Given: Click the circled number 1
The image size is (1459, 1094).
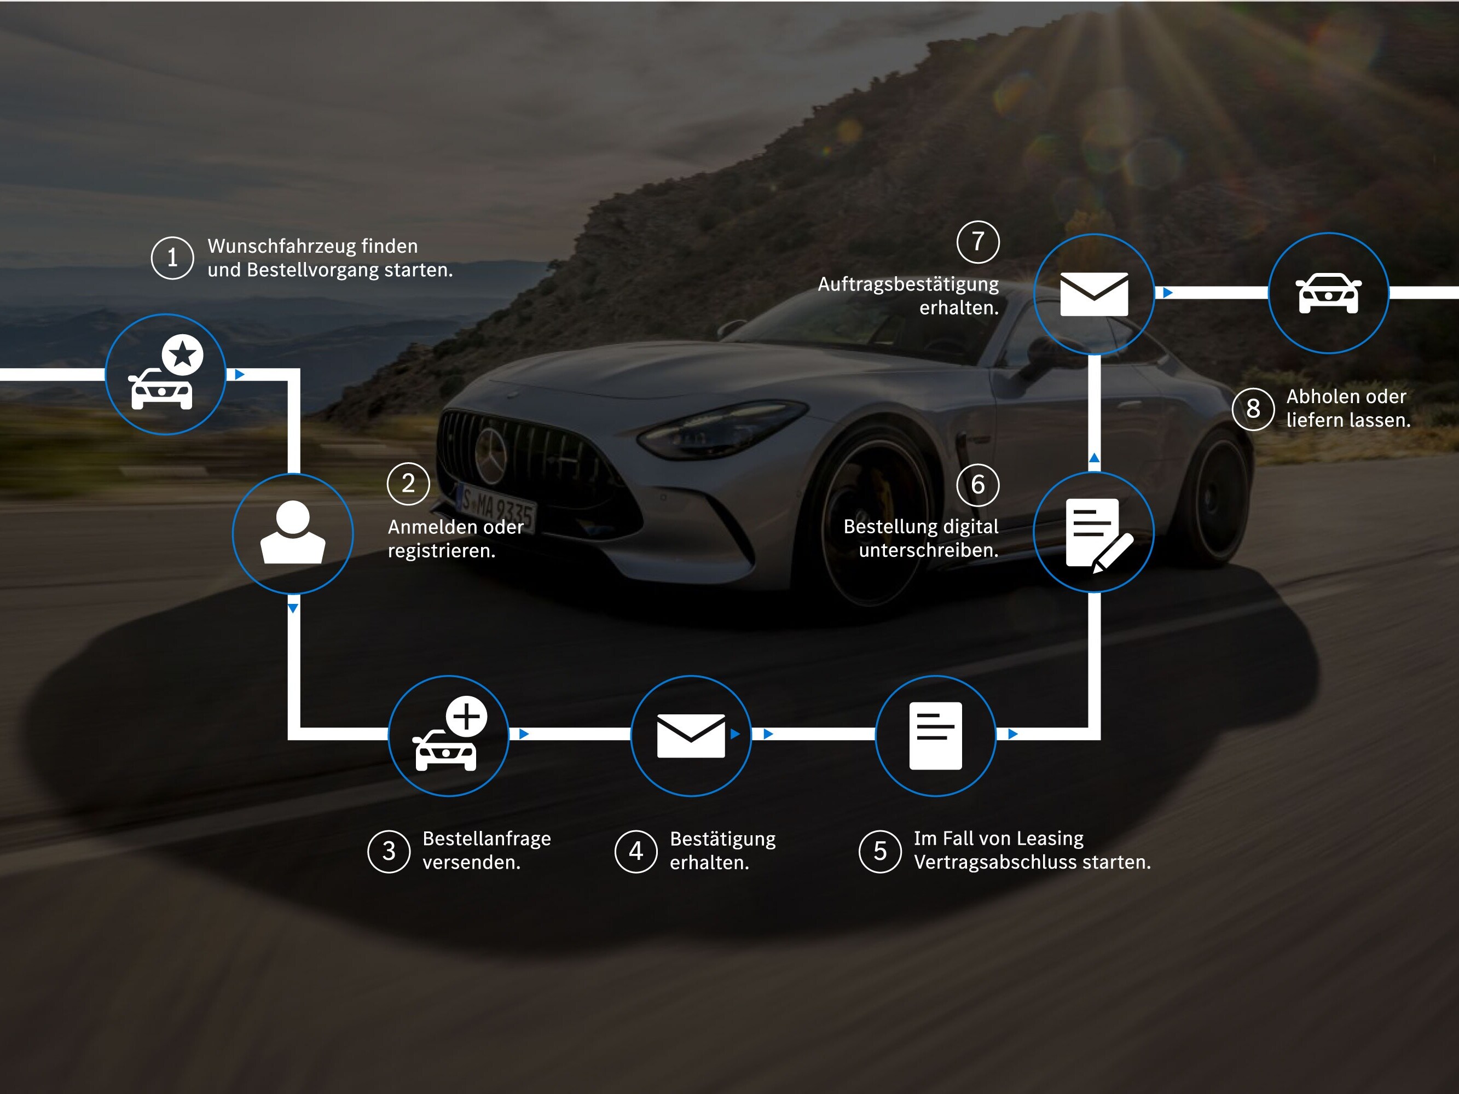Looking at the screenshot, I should tap(172, 258).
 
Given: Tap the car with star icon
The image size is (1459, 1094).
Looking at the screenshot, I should tap(166, 374).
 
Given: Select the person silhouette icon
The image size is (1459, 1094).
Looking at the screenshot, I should tap(293, 533).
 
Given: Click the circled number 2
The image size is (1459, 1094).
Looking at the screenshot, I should tap(408, 484).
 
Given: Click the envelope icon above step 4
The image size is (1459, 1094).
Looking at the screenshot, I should tap(691, 735).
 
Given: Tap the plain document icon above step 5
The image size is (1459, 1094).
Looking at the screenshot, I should tap(935, 735).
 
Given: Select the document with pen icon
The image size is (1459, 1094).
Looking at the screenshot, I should tap(1095, 533).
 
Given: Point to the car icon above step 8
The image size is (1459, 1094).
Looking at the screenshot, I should tap(1328, 293).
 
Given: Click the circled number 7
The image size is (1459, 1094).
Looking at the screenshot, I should tap(978, 242).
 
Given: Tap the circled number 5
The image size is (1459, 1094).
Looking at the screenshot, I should tap(880, 851).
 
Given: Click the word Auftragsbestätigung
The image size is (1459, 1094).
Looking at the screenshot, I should tap(908, 284).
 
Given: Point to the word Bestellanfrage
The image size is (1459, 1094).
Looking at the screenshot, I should tap(486, 839).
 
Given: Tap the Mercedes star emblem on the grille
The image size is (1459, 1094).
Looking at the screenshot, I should tap(491, 455).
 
